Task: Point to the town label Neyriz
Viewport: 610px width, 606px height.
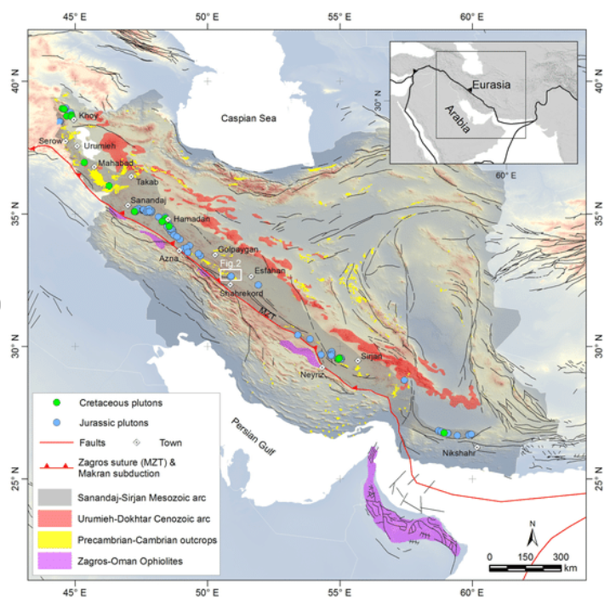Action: (313, 374)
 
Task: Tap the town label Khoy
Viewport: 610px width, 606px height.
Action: (88, 115)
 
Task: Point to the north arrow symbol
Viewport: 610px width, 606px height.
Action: (531, 536)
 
